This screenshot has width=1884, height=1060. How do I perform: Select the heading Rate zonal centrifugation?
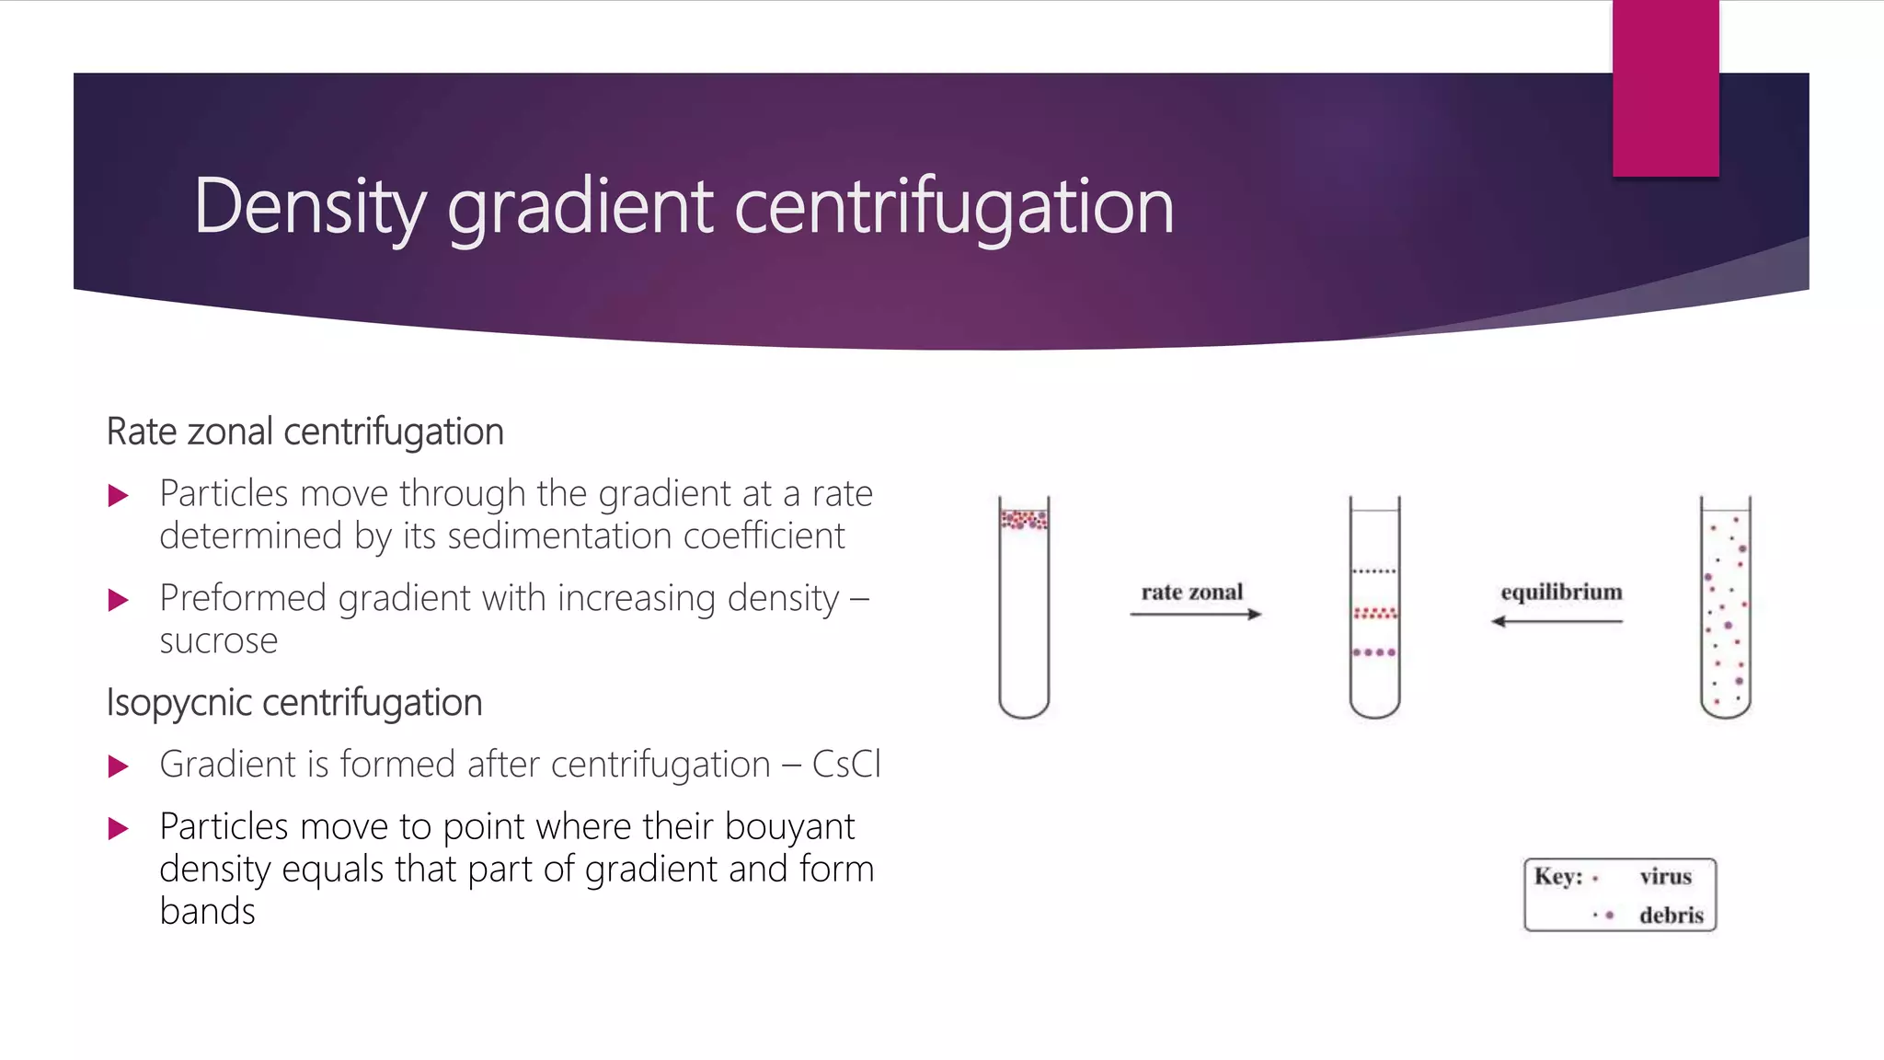tap(304, 432)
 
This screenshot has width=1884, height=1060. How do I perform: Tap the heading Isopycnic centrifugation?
tap(294, 703)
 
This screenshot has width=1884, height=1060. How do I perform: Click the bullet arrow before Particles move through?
tap(118, 496)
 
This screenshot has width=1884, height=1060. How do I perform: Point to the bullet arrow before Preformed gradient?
tap(118, 601)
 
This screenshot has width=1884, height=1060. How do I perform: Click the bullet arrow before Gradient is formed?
tap(118, 766)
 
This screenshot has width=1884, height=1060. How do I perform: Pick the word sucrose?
tap(218, 640)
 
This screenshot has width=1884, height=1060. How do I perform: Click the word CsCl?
tap(846, 765)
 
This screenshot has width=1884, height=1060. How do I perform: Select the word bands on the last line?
tap(207, 911)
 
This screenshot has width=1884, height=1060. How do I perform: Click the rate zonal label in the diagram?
tap(1191, 592)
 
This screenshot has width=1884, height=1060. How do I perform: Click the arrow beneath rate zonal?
tap(1195, 614)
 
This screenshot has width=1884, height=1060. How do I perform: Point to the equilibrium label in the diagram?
tap(1561, 592)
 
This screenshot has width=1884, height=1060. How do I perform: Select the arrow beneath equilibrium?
tap(1557, 621)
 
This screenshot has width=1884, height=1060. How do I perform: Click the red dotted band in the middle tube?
tap(1374, 613)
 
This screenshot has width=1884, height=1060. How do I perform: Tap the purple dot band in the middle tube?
tap(1374, 652)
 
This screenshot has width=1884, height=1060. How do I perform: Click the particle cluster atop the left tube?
tap(1024, 520)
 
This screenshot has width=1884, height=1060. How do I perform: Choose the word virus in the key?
tap(1665, 877)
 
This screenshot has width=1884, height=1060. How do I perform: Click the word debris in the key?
tap(1671, 916)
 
